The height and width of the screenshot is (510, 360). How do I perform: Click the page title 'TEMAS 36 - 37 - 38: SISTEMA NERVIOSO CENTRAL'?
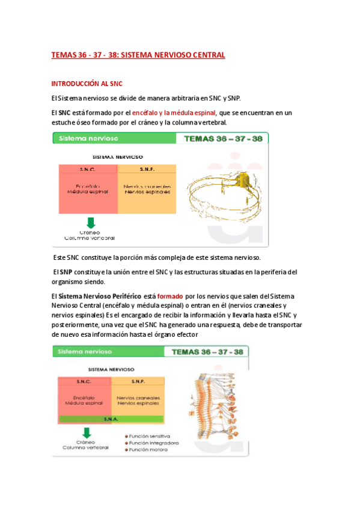click(138, 55)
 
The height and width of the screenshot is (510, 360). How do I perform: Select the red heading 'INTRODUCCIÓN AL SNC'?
click(87, 83)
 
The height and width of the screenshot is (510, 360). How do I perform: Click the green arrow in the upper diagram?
click(90, 223)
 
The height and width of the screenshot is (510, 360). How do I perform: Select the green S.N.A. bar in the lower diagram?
click(111, 419)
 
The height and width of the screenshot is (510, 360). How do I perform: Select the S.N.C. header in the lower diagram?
click(84, 381)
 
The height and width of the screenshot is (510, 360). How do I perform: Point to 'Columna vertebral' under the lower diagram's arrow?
click(88, 449)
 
